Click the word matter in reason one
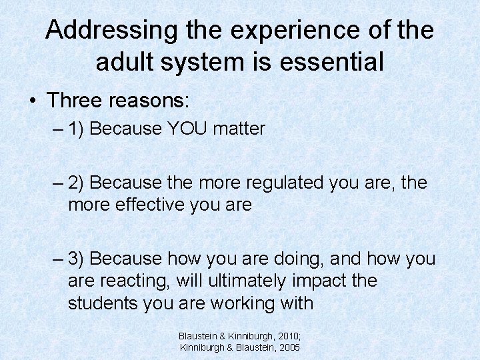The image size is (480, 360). click(x=239, y=129)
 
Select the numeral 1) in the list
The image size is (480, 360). click(x=75, y=129)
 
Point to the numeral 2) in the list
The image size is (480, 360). click(x=75, y=182)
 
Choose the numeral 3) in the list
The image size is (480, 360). click(x=75, y=258)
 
